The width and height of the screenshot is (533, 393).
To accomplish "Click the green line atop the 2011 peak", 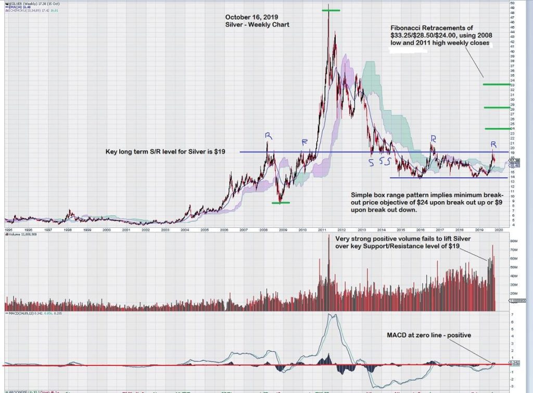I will tap(331, 10).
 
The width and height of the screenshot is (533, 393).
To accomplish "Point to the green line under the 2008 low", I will tap(281, 203).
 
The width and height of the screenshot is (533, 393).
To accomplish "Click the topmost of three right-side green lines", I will tap(495, 84).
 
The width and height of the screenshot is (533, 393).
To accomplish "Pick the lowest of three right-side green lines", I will tap(497, 128).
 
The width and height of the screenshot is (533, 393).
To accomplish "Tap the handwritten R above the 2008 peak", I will tap(268, 136).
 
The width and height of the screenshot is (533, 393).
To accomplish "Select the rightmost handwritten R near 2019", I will tap(493, 143).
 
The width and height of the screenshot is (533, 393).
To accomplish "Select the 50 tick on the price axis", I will tap(512, 3).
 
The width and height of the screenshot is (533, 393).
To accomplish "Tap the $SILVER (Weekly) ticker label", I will tap(21, 3).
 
